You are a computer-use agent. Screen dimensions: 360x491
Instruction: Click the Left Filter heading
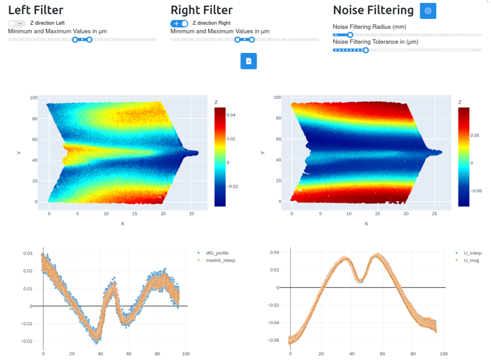(35, 10)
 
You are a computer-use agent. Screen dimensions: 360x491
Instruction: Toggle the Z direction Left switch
(17, 23)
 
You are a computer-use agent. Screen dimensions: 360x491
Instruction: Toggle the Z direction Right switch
(179, 23)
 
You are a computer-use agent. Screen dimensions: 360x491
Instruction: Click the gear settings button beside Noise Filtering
(428, 11)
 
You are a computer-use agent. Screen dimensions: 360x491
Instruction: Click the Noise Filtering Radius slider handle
(350, 35)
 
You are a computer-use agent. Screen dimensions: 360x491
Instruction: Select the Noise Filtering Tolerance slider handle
(366, 50)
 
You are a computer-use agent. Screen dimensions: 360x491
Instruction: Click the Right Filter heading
(201, 10)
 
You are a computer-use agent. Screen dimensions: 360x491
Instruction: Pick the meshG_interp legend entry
(220, 259)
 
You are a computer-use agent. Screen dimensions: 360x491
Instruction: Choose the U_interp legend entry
(472, 253)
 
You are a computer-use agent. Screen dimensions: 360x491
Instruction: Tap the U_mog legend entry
(470, 259)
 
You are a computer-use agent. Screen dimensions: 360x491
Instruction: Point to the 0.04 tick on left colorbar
(232, 115)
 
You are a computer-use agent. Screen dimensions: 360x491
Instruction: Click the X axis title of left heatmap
(122, 224)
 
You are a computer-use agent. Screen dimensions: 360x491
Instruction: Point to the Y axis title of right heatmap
(261, 153)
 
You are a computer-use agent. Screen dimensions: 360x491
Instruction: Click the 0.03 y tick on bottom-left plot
(28, 254)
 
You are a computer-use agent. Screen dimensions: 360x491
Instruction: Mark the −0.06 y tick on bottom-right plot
(274, 341)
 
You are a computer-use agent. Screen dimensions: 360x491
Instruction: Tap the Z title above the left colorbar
(217, 102)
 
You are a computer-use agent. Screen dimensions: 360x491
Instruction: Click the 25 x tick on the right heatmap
(434, 214)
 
